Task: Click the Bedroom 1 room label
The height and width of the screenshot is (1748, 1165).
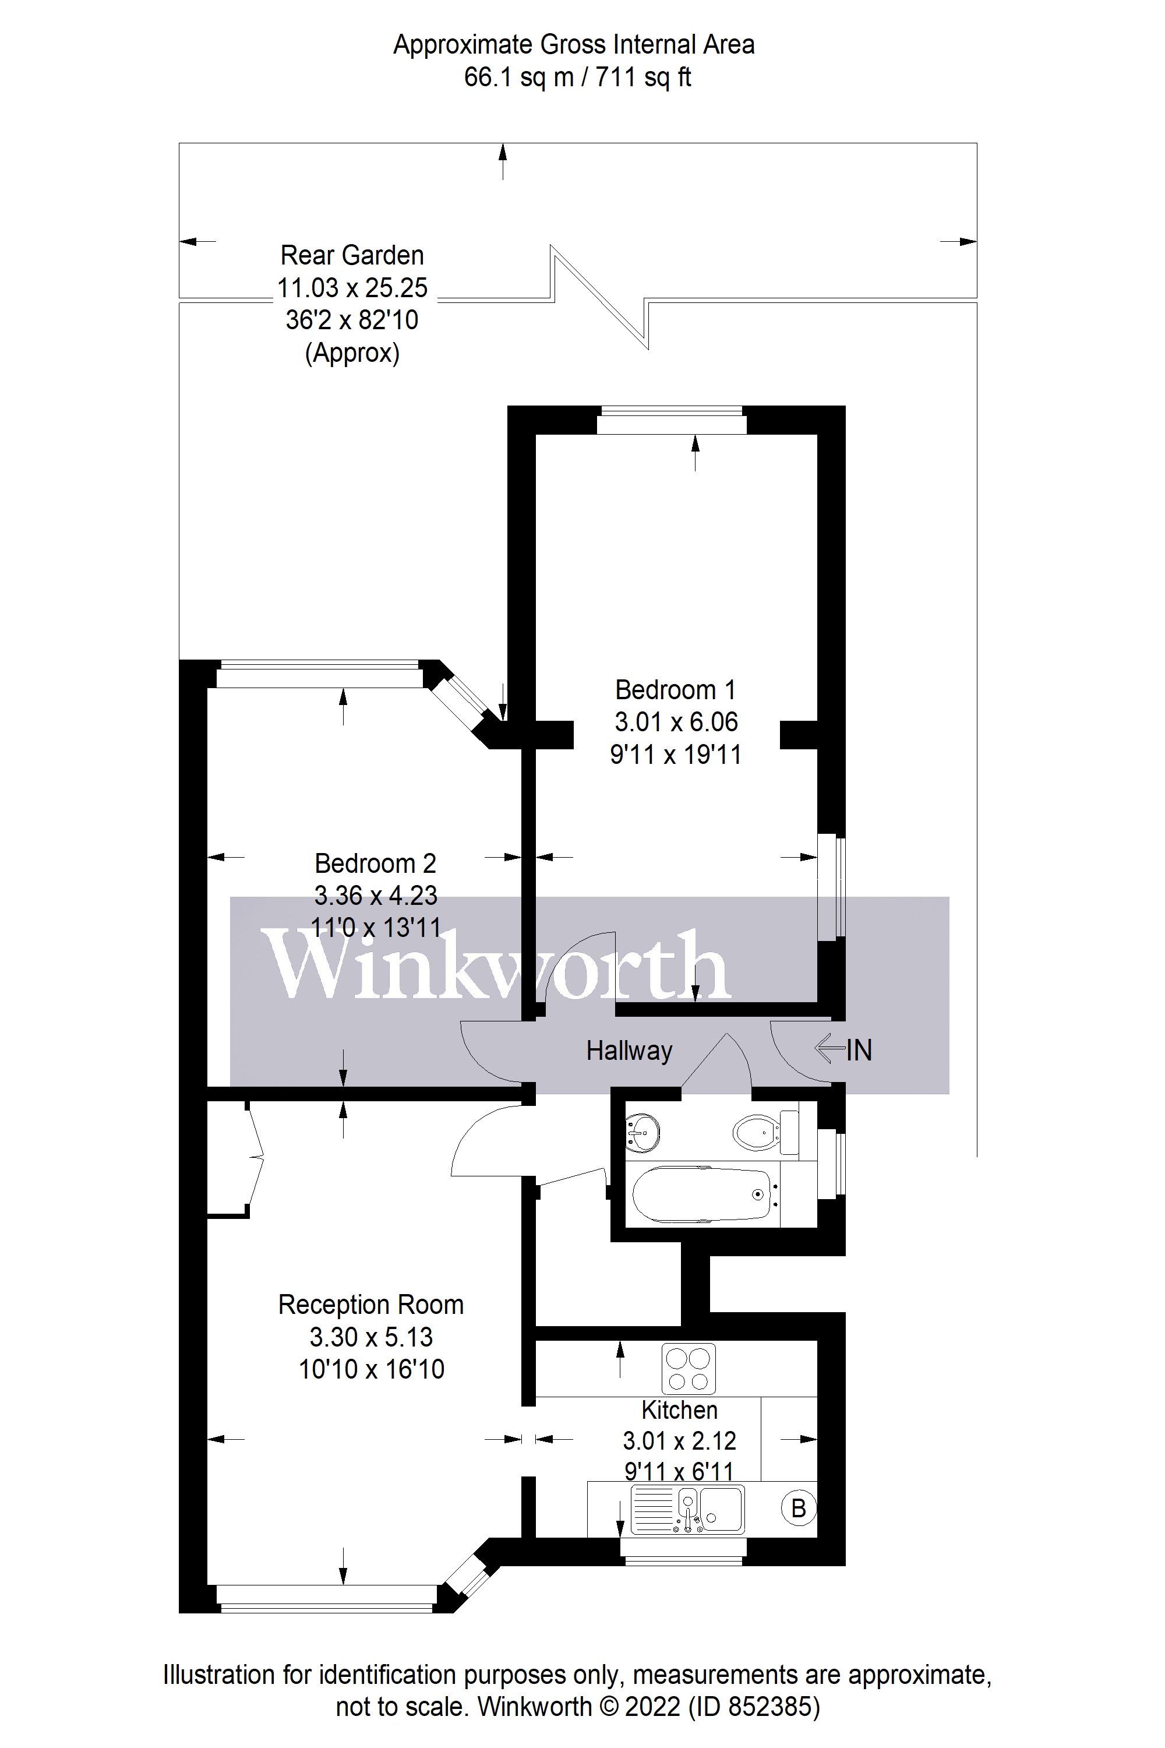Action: tap(675, 690)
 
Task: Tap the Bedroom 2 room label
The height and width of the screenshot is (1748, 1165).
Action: tap(375, 863)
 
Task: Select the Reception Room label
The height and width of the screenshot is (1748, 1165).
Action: tap(370, 1305)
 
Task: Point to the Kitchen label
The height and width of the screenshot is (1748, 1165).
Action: tap(679, 1410)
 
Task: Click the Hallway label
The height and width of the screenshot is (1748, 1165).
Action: tap(629, 1050)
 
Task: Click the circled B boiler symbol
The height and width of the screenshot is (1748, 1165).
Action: tap(799, 1508)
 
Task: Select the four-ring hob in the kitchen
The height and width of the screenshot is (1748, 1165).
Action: tap(688, 1368)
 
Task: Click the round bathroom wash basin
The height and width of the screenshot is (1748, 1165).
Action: tap(642, 1132)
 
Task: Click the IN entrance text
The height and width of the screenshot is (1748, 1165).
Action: tap(858, 1050)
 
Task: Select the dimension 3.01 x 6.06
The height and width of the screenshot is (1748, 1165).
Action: tap(676, 722)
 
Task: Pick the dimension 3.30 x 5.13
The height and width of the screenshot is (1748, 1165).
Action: tap(370, 1337)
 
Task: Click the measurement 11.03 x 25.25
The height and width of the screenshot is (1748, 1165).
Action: tap(352, 288)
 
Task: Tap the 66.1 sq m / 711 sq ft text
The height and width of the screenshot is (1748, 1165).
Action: tap(577, 76)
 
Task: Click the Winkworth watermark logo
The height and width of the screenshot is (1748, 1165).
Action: tap(496, 965)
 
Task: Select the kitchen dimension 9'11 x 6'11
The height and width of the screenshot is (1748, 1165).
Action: tap(679, 1472)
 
